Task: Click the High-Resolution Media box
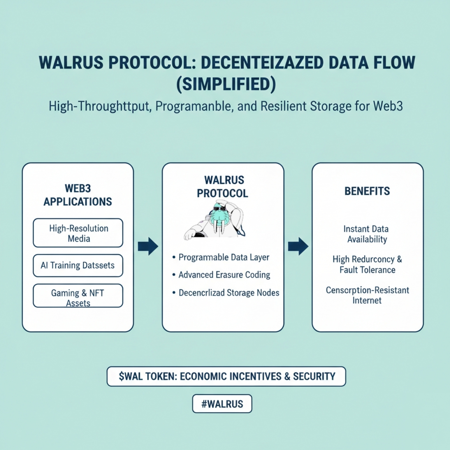point(78,233)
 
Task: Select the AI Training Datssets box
point(78,265)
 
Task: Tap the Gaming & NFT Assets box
point(78,296)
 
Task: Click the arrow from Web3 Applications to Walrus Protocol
point(148,246)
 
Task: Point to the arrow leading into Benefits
point(298,246)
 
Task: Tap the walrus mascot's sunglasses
point(218,212)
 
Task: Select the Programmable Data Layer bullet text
point(224,257)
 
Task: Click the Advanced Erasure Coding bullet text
point(224,275)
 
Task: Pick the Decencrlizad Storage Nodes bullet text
point(229,293)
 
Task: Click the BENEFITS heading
point(367,191)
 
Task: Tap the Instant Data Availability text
point(367,234)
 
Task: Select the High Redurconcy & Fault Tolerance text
point(367,264)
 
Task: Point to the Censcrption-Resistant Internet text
point(367,295)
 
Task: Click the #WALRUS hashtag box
point(222,404)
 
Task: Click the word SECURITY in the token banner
point(314,377)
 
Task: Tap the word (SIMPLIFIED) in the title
point(226,84)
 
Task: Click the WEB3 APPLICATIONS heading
point(78,195)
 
